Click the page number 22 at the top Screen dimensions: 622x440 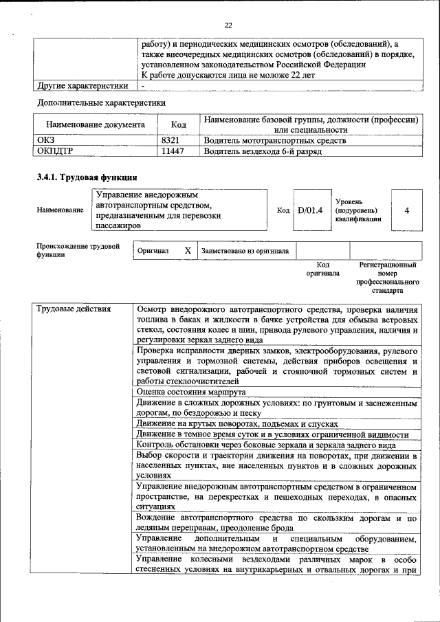point(228,25)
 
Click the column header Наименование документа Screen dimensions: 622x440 point(96,125)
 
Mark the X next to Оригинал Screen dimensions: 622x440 point(187,251)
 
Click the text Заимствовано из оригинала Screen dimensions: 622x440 point(245,251)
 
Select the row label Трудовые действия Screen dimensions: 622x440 point(74,309)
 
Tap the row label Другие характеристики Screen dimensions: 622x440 point(82,86)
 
